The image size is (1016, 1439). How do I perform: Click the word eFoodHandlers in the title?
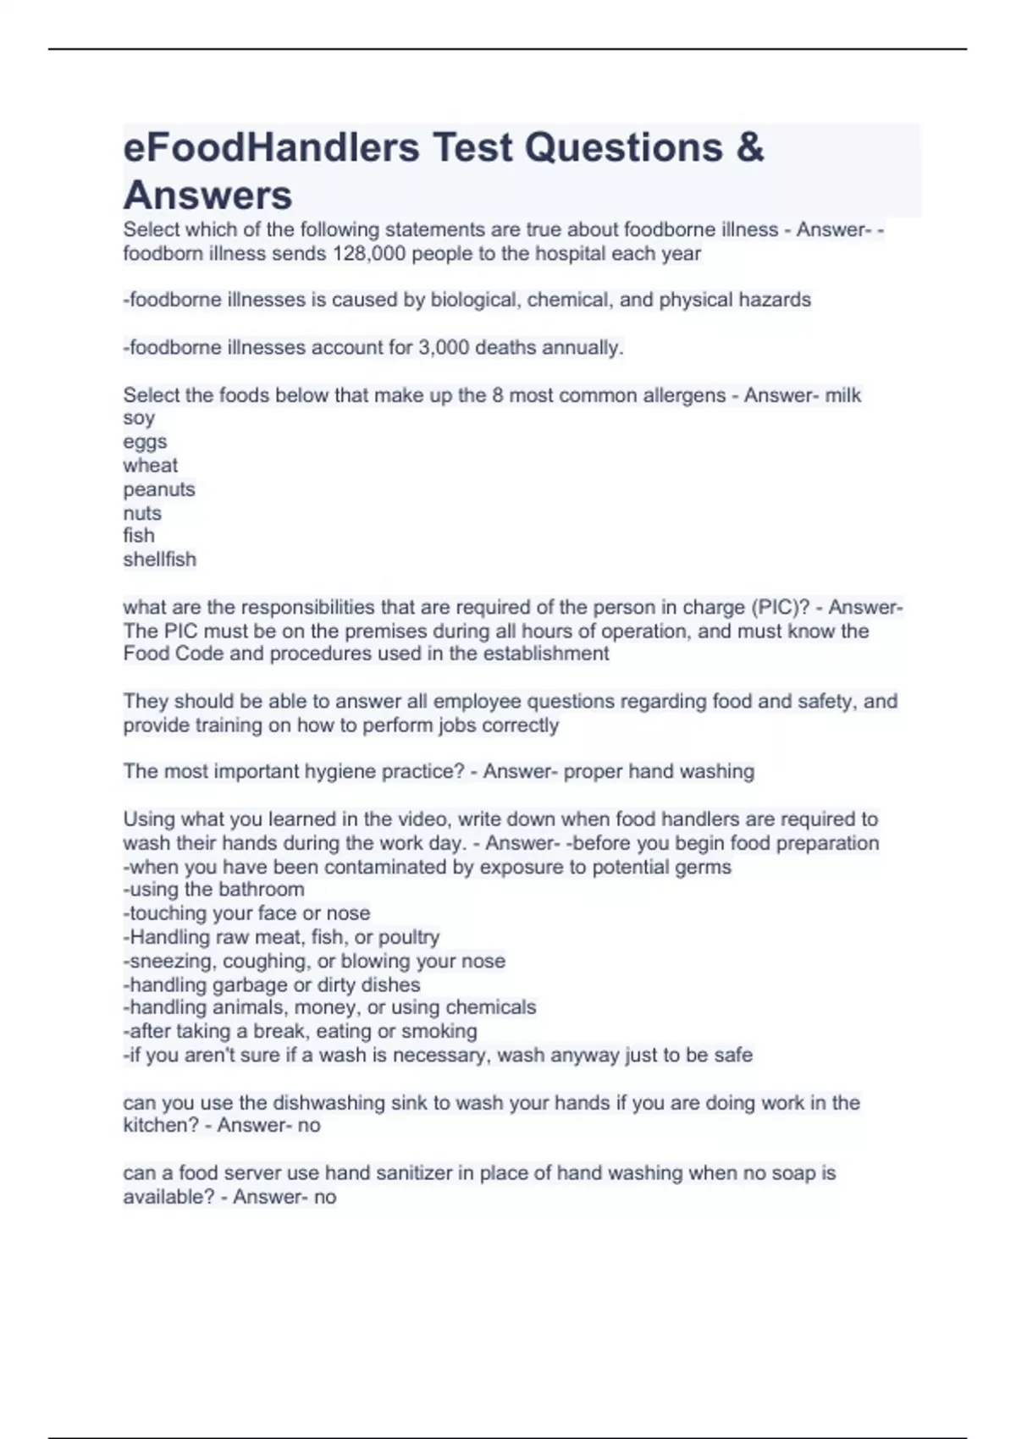(271, 148)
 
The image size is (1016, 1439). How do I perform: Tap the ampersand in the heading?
(749, 148)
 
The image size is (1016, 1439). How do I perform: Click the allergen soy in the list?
(139, 419)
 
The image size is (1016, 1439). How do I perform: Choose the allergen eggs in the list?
(145, 442)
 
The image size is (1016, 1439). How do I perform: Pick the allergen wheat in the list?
(150, 466)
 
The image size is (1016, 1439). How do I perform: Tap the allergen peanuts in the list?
(158, 489)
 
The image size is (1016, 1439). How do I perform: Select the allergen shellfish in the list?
(159, 560)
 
